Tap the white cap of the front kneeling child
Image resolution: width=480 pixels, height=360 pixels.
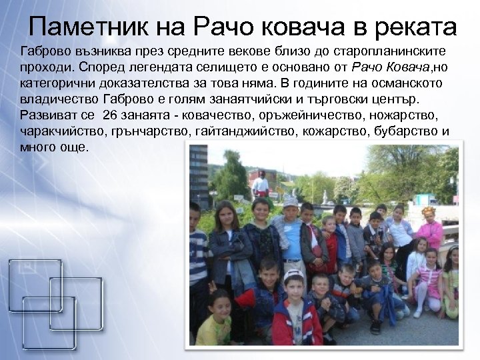pos(293,275)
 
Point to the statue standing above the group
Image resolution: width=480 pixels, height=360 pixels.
pos(261,183)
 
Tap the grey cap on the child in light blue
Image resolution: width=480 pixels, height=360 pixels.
pos(290,200)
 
